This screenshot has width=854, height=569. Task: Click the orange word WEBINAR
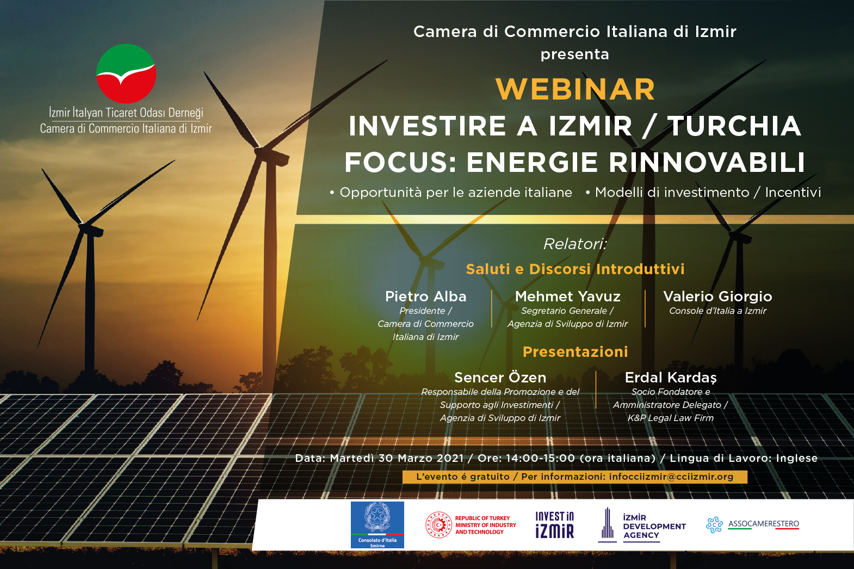tap(575, 89)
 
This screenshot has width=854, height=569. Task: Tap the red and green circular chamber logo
tap(126, 73)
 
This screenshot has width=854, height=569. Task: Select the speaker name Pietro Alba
tap(425, 296)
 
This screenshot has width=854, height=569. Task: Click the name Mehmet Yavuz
tap(568, 296)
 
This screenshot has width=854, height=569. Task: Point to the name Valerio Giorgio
tap(717, 296)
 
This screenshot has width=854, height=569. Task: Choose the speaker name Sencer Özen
tap(500, 377)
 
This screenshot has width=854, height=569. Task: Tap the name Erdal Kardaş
tap(671, 378)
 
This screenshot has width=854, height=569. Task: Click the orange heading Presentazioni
tap(575, 351)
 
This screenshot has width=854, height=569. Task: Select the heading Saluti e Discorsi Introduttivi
tap(575, 269)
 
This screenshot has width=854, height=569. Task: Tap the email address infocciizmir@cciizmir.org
tap(671, 477)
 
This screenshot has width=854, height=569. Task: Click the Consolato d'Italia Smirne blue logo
tap(377, 525)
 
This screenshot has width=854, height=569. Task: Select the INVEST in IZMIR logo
tap(554, 525)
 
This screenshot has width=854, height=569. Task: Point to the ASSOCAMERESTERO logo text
tap(764, 524)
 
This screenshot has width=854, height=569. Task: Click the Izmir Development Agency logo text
tap(654, 526)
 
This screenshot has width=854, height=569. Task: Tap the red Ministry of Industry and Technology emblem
tap(438, 525)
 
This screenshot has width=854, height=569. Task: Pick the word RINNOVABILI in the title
tap(707, 162)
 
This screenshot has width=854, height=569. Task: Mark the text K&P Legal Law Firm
tap(671, 418)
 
